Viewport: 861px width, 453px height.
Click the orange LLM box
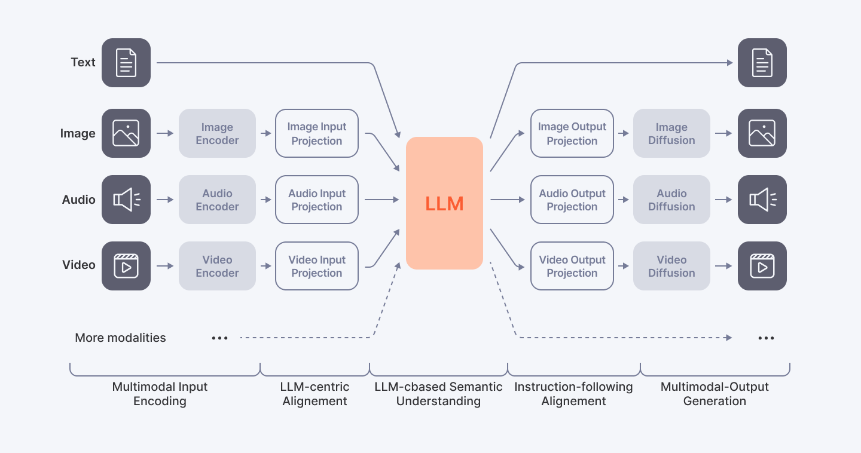444,203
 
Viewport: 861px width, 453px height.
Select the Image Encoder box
217,134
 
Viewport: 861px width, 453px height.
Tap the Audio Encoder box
217,200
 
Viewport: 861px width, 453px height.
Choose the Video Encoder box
217,267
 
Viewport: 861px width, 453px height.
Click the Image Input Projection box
317,134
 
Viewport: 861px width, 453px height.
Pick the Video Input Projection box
317,267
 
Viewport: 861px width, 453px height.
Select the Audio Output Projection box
572,200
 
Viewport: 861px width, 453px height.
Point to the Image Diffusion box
671,134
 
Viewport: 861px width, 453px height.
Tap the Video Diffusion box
671,267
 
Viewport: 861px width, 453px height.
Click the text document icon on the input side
126,63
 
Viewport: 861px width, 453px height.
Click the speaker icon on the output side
762,200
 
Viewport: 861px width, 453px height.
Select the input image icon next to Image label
126,133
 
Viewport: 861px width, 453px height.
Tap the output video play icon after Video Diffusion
762,266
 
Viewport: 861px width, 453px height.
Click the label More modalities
120,338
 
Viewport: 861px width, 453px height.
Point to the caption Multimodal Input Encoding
160,394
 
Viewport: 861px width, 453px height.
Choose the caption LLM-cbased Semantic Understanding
438,394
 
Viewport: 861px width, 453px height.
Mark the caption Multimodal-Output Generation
715,394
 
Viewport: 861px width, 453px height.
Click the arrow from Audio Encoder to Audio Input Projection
265,200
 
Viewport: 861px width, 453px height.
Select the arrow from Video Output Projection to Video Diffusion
623,267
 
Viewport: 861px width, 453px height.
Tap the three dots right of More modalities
220,338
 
